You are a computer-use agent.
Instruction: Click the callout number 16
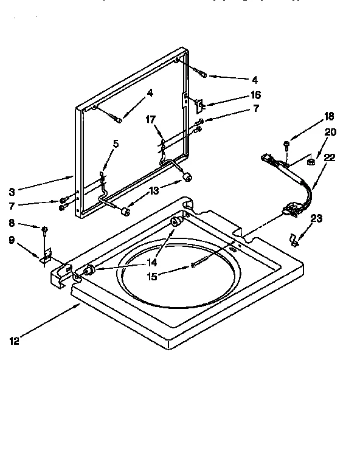click(x=256, y=95)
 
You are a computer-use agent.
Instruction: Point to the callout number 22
click(x=329, y=157)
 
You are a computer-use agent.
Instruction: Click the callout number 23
click(x=316, y=218)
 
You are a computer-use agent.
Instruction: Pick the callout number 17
click(x=151, y=120)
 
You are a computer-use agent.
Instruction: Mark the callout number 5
click(x=116, y=144)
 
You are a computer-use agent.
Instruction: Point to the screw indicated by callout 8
click(x=44, y=229)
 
